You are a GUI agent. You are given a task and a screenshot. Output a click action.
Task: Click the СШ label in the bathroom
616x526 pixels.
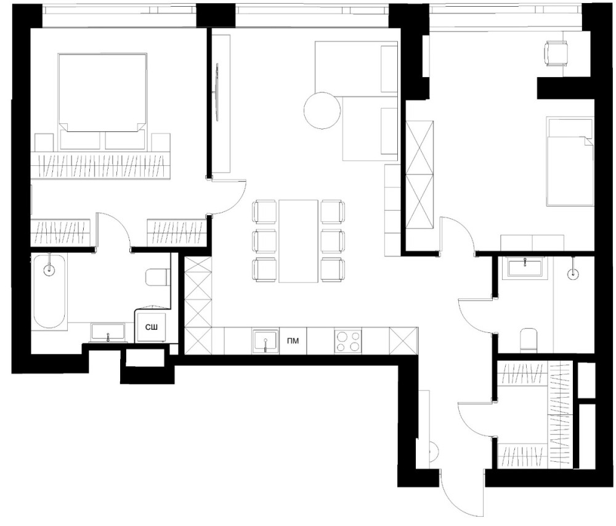[x=152, y=327]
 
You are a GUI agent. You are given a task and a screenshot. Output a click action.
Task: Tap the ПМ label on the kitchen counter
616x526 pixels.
[x=293, y=341]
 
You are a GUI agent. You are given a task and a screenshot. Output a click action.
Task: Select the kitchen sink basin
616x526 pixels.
[x=265, y=341]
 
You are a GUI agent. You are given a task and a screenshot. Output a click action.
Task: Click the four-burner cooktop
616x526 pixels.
[x=348, y=341]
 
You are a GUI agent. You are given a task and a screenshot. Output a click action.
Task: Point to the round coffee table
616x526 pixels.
[x=322, y=110]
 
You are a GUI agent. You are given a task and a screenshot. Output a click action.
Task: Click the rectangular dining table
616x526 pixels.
[x=299, y=241]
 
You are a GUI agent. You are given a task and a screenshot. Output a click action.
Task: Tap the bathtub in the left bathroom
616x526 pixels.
[x=49, y=291]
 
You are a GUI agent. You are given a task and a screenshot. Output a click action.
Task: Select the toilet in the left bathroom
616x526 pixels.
[x=158, y=277]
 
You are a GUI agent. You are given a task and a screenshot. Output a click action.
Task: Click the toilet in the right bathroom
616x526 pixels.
[x=529, y=340]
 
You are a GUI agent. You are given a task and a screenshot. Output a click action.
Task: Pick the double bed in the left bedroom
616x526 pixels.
[x=102, y=101]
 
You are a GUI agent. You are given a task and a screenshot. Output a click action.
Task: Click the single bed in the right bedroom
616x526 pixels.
[x=570, y=161]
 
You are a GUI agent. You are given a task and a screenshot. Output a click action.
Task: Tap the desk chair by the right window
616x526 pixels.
[x=556, y=54]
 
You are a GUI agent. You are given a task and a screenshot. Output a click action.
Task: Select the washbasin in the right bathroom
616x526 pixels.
[x=525, y=268]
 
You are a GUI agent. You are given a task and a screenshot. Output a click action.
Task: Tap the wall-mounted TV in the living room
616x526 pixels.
[x=217, y=92]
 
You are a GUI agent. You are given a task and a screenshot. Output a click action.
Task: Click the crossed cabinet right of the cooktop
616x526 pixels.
[x=403, y=341]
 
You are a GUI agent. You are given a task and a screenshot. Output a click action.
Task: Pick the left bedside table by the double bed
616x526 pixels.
[x=44, y=142]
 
